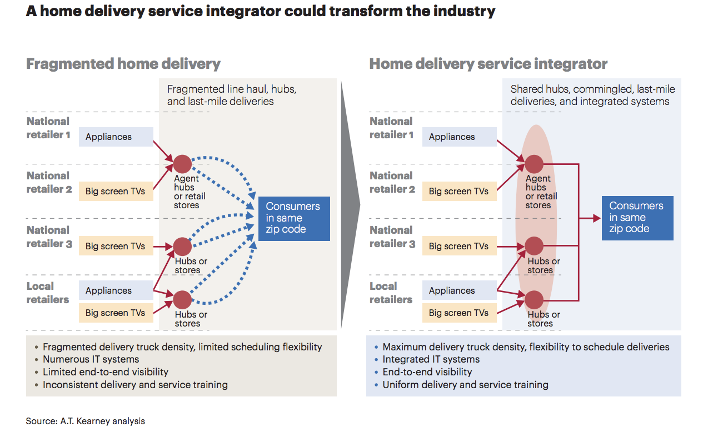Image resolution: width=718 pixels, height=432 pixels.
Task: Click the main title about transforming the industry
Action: (x=260, y=11)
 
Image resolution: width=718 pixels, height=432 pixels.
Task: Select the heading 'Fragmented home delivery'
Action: (x=123, y=64)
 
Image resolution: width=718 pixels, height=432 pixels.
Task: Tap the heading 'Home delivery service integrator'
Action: (x=488, y=64)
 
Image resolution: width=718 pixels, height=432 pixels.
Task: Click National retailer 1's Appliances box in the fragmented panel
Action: (x=116, y=137)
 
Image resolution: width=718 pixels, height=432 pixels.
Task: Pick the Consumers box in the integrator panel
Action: (x=637, y=217)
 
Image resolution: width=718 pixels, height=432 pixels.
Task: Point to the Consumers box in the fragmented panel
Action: (x=294, y=218)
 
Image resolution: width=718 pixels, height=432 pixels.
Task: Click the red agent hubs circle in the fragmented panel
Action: (x=182, y=164)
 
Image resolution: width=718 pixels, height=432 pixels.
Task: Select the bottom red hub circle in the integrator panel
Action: (x=534, y=300)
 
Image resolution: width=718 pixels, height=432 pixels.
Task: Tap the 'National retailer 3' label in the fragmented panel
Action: (x=49, y=237)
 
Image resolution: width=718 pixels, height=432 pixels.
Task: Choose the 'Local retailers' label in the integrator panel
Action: (x=391, y=293)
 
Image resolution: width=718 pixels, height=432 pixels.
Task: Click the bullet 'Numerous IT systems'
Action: (x=91, y=359)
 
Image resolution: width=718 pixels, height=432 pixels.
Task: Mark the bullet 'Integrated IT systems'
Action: (x=431, y=359)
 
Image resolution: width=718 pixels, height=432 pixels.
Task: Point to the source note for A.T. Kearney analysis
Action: (x=85, y=421)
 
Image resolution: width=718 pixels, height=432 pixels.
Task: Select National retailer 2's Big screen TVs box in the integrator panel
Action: (x=459, y=191)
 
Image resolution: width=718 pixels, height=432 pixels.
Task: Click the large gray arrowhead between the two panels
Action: (x=350, y=205)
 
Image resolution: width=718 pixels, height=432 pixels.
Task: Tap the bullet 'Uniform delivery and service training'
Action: (x=465, y=384)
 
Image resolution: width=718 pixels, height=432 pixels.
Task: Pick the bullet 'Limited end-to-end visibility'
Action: (x=105, y=371)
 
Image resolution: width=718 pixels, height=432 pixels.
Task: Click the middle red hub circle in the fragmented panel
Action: (x=182, y=246)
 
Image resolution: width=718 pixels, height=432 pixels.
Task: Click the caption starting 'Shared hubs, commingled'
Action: (x=592, y=95)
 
